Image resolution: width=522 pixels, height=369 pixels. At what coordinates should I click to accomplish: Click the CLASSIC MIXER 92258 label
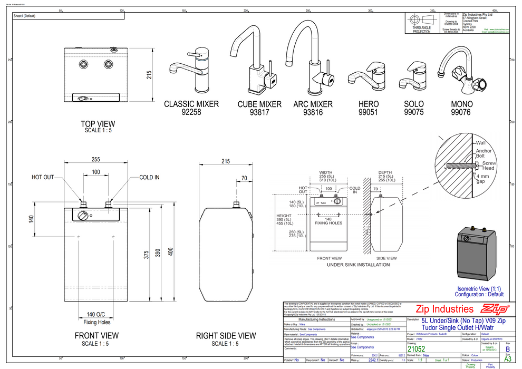[x=191, y=108]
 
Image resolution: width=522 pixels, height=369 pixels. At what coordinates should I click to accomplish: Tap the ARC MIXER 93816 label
[x=313, y=108]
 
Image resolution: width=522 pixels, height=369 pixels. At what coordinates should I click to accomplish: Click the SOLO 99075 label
[x=413, y=108]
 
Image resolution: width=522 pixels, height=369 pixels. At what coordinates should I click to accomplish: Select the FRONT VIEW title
[x=96, y=335]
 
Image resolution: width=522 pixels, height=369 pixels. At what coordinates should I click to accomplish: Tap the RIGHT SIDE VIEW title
[x=226, y=335]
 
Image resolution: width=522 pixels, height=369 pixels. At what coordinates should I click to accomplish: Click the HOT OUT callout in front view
[x=43, y=178]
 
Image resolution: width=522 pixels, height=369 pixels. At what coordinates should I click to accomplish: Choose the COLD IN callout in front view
[x=149, y=178]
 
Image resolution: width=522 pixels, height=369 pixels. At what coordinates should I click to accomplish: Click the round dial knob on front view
[x=83, y=217]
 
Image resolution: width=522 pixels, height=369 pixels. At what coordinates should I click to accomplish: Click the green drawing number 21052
[x=416, y=349]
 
